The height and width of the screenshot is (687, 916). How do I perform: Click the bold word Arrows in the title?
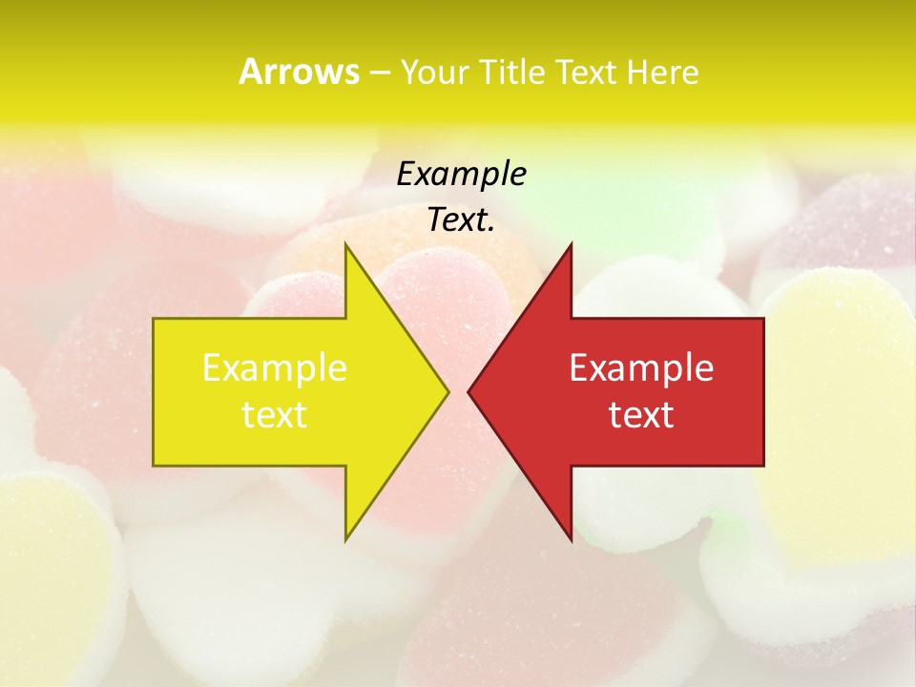pyautogui.click(x=298, y=72)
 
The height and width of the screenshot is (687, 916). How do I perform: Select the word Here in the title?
pyautogui.click(x=662, y=72)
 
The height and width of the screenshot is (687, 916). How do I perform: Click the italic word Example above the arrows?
pyautogui.click(x=461, y=174)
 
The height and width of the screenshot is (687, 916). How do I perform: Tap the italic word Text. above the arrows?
pyautogui.click(x=461, y=220)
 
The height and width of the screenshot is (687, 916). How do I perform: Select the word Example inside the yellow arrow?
pyautogui.click(x=275, y=367)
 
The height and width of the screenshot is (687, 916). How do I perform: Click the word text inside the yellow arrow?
pyautogui.click(x=275, y=415)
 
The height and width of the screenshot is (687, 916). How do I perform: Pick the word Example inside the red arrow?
pyautogui.click(x=641, y=367)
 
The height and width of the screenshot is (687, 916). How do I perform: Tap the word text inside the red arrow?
pyautogui.click(x=641, y=415)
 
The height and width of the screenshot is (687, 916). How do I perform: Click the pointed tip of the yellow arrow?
pyautogui.click(x=448, y=391)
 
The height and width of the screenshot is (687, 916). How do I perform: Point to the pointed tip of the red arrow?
pyautogui.click(x=468, y=391)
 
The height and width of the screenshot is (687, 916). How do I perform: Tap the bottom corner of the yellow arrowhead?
pyautogui.click(x=345, y=540)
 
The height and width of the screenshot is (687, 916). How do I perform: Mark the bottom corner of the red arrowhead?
pyautogui.click(x=572, y=540)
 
